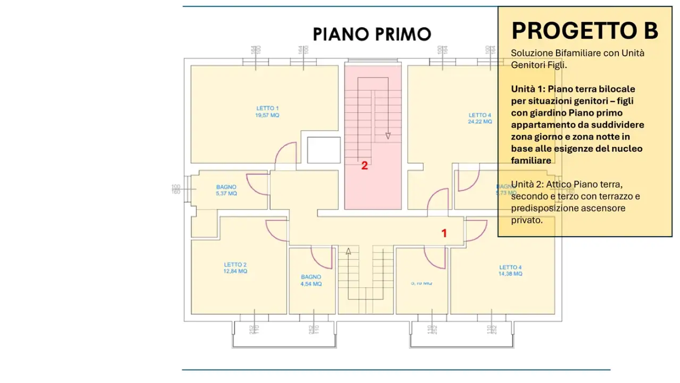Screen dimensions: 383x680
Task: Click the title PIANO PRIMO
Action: [x=372, y=34]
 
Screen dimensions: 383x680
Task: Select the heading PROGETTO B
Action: [x=584, y=31]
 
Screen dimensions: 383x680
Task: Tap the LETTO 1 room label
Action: [x=267, y=109]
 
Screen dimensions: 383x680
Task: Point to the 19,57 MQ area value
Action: [x=267, y=115]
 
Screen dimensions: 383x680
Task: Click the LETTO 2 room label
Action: [x=235, y=264]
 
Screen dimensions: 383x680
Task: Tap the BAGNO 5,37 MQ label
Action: [x=226, y=190]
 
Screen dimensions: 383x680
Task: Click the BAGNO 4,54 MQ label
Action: [x=311, y=280]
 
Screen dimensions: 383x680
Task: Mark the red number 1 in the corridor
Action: [x=444, y=233]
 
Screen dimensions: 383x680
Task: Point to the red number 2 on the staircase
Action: [x=364, y=165]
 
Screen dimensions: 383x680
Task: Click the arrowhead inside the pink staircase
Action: [x=388, y=136]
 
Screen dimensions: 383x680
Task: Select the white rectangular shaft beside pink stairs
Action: [x=323, y=150]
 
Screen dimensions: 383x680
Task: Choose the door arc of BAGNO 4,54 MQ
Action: [x=322, y=257]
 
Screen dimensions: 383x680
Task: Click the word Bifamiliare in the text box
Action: [x=576, y=53]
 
